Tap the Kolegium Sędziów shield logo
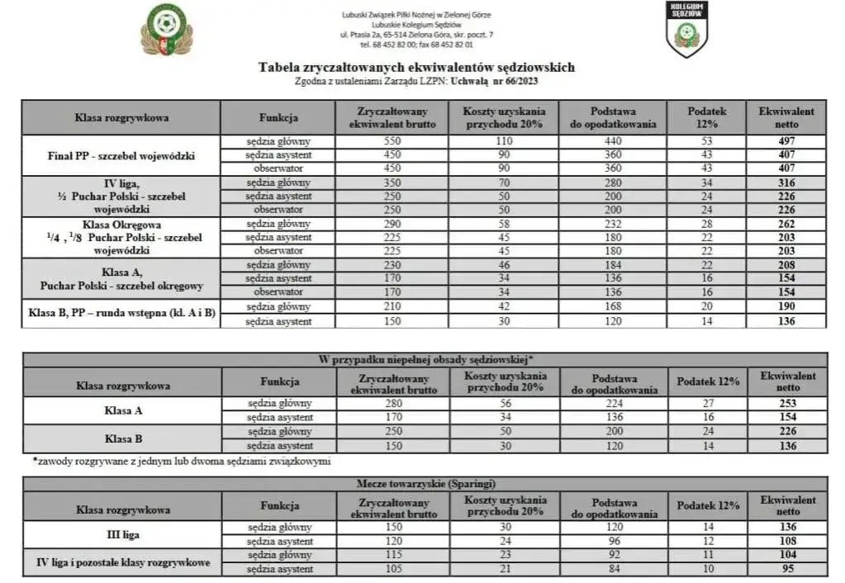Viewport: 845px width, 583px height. tap(686, 29)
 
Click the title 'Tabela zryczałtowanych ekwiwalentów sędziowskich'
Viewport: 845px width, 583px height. tap(416, 68)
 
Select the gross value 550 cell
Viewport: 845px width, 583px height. tap(392, 141)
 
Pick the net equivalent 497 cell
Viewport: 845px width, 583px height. tap(786, 141)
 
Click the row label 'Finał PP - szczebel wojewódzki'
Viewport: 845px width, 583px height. tap(121, 155)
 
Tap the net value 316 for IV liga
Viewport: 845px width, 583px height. tap(786, 182)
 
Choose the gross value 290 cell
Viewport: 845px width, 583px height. tap(392, 224)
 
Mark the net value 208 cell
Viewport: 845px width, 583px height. tap(786, 265)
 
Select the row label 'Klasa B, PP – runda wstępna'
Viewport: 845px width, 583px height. tap(121, 314)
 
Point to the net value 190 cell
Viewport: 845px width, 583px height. tap(786, 307)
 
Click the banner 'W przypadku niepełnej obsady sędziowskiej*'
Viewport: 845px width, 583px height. tap(425, 359)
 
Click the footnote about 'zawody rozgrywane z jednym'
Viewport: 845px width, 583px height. tap(182, 461)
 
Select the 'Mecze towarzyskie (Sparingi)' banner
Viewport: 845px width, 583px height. tap(425, 483)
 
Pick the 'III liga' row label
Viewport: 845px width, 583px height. tap(121, 534)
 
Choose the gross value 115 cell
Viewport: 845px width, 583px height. tap(393, 556)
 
